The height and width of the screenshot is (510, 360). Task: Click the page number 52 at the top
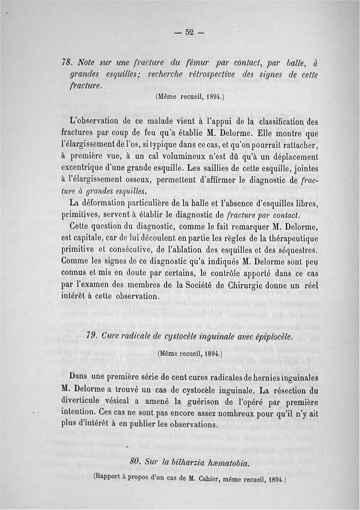(x=189, y=32)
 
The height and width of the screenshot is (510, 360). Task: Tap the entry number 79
(x=92, y=336)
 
